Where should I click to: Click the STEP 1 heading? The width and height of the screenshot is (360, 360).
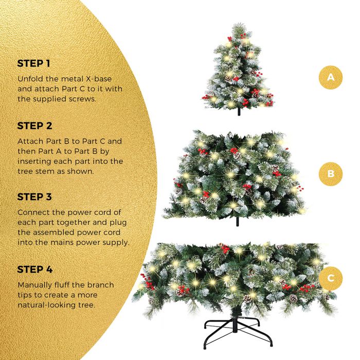33,63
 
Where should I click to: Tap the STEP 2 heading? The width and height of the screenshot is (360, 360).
34,126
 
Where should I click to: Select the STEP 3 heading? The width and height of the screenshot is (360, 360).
34,197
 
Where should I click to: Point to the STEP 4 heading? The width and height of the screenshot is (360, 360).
35,269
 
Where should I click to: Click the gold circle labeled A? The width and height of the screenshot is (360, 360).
331,77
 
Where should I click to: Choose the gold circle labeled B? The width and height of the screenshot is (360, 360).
331,174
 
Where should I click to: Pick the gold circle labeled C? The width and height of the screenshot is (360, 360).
331,279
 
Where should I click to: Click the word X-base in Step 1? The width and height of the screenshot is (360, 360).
99,79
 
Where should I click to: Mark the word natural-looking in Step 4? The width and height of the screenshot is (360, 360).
45,305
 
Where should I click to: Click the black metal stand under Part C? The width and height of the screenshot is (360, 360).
238,330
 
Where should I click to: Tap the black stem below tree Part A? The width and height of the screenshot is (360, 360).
239,112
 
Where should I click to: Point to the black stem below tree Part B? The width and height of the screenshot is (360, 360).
238,221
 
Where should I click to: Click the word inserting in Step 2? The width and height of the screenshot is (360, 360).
34,161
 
